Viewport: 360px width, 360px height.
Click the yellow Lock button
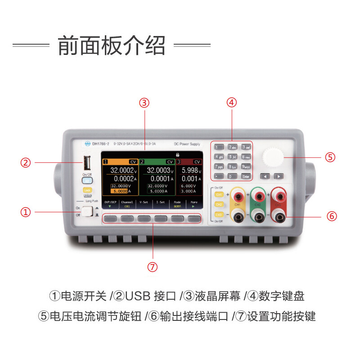(87, 191)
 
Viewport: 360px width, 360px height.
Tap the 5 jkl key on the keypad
(232, 157)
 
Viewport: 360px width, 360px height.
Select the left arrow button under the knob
(266, 176)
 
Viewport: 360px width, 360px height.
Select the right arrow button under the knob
(279, 176)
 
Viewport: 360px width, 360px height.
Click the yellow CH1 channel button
(219, 194)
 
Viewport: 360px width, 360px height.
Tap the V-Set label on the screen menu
(144, 202)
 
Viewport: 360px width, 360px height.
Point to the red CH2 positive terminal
(258, 195)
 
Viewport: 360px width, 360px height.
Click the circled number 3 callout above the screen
(144, 103)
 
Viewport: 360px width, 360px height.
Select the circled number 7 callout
(153, 267)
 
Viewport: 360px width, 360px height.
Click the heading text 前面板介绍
(112, 45)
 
